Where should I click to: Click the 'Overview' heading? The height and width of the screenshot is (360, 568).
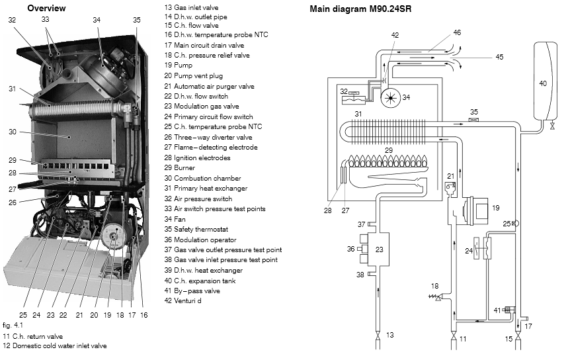(x=46, y=8)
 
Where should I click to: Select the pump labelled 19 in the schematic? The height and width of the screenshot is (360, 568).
(x=475, y=208)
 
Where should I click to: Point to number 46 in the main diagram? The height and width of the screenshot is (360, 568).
(x=457, y=32)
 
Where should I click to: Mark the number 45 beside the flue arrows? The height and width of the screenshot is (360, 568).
(x=499, y=57)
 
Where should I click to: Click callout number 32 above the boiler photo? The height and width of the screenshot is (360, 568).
(x=12, y=21)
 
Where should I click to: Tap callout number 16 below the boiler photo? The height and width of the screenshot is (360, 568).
(x=143, y=315)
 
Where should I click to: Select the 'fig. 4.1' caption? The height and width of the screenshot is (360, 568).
(x=11, y=326)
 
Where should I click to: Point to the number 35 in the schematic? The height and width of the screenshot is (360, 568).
(x=473, y=112)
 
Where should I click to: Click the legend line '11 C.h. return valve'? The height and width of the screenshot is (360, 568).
(x=36, y=336)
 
